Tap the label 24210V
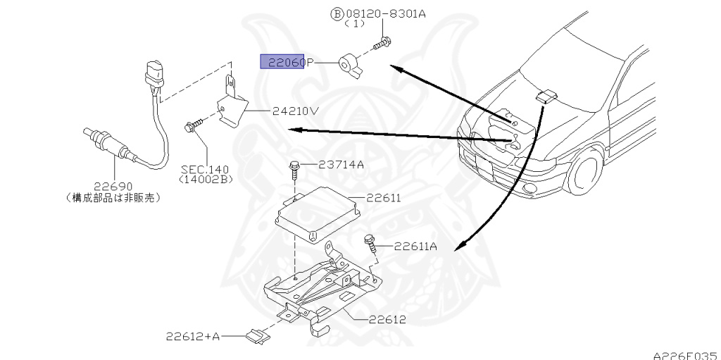pos(295,111)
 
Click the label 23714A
pos(341,165)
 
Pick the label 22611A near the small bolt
pos(415,246)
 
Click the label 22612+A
pos(193,337)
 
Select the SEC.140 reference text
pos(204,170)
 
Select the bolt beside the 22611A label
pos(370,242)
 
